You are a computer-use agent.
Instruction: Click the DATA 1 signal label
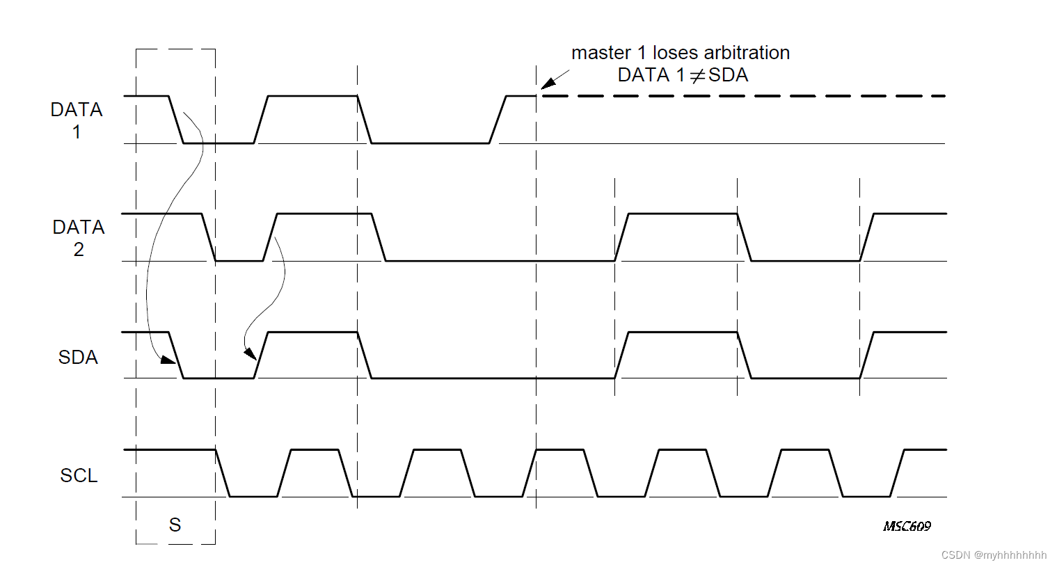[x=77, y=120]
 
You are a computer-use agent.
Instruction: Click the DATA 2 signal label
[x=79, y=238]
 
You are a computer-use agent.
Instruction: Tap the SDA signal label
[x=78, y=357]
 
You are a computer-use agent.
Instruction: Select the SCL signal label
[x=79, y=475]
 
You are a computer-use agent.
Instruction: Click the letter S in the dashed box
[x=175, y=525]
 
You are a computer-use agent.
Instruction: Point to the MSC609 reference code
[x=907, y=526]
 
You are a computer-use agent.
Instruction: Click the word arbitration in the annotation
[x=747, y=53]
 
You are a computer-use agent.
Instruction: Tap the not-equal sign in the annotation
[x=697, y=75]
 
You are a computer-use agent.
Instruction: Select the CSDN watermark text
[x=994, y=555]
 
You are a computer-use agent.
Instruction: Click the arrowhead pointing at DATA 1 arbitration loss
[x=548, y=83]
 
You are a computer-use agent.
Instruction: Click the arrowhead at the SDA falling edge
[x=168, y=360]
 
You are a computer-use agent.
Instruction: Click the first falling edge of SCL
[x=223, y=473]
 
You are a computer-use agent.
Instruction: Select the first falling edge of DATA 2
[x=208, y=237]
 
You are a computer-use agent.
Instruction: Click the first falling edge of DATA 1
[x=176, y=120]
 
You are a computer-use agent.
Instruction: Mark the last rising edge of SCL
[x=898, y=473]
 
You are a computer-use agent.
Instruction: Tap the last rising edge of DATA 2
[x=867, y=237]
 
